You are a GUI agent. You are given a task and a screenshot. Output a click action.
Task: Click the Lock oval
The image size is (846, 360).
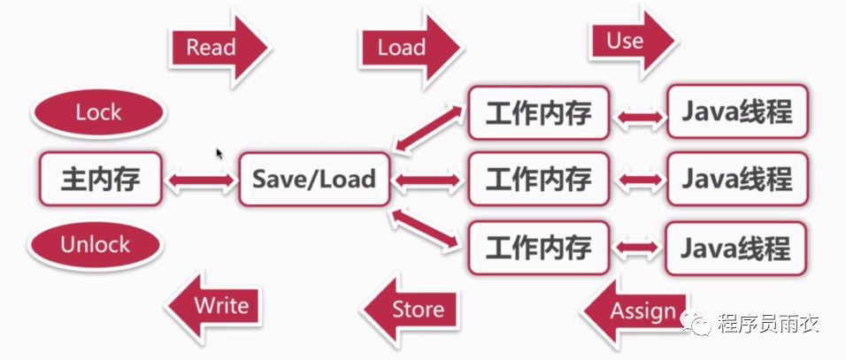tap(98, 113)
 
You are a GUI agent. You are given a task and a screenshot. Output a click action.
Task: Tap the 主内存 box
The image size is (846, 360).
tap(100, 180)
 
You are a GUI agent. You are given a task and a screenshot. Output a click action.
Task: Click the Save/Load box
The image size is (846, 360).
tap(314, 180)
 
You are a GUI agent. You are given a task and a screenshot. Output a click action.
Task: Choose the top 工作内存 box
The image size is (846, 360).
tap(538, 113)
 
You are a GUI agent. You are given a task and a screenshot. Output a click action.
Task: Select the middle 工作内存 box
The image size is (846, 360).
tap(538, 180)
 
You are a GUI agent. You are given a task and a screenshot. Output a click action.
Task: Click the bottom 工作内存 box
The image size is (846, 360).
tap(538, 247)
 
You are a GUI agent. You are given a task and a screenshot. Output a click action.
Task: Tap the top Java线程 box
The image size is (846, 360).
tap(736, 113)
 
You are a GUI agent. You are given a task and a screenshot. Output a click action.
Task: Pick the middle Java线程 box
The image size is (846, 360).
tap(736, 180)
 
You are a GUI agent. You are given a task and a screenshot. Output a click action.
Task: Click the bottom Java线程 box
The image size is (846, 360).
tap(736, 247)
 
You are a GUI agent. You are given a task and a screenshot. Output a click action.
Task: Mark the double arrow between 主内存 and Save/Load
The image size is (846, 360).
tap(201, 180)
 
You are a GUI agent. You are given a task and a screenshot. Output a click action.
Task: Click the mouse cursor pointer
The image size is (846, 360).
tap(219, 153)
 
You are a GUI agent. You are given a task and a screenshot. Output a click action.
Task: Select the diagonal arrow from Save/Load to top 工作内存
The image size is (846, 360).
tap(430, 128)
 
